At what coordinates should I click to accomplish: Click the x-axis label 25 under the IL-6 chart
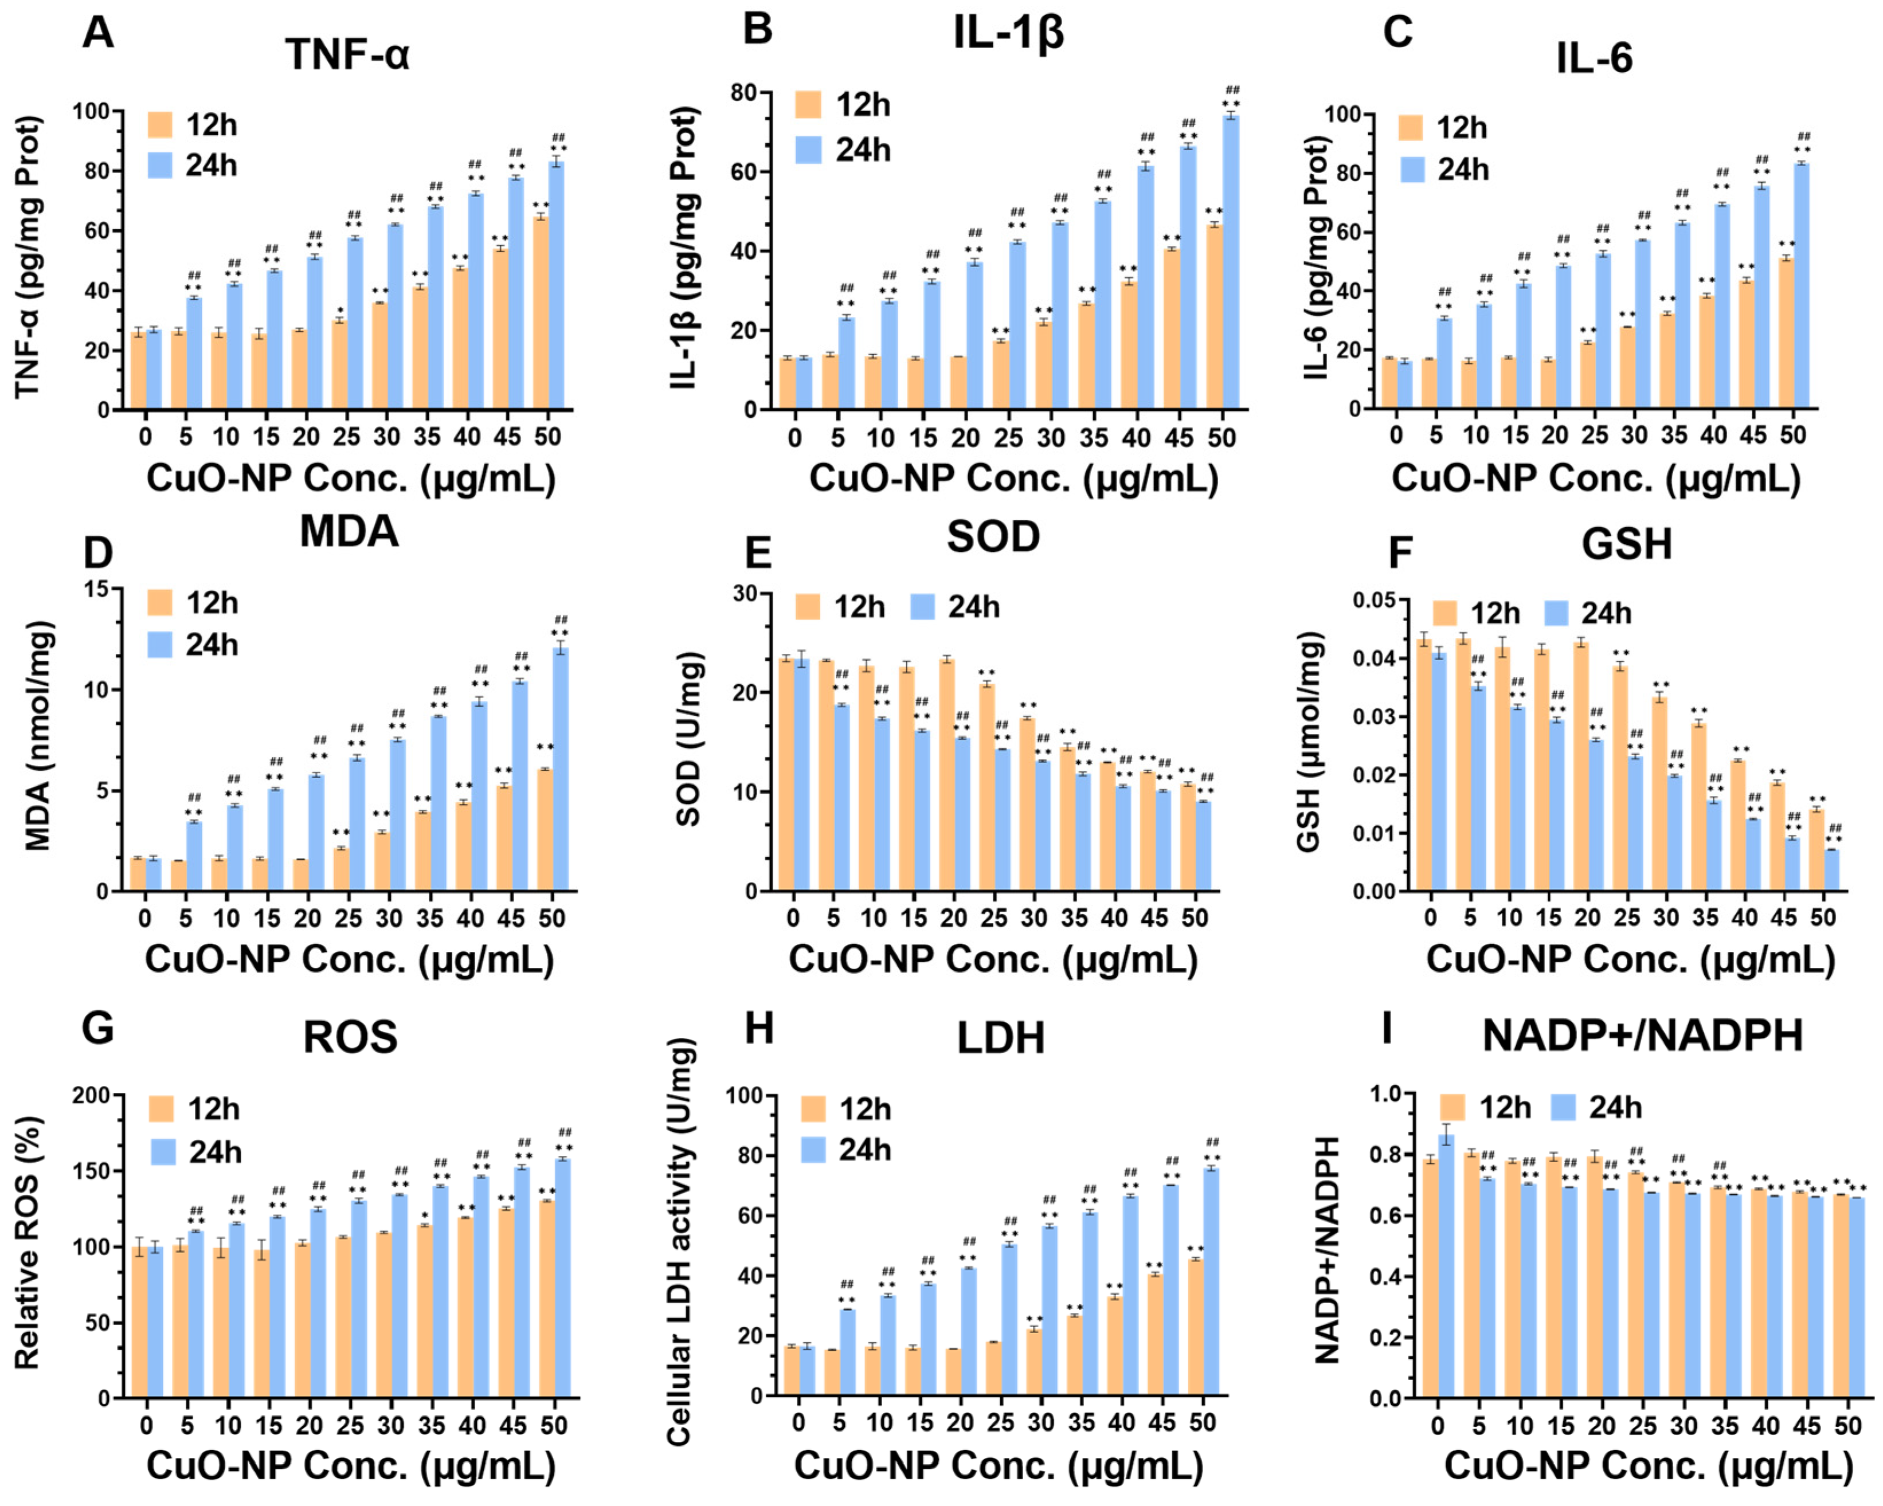point(1594,435)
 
